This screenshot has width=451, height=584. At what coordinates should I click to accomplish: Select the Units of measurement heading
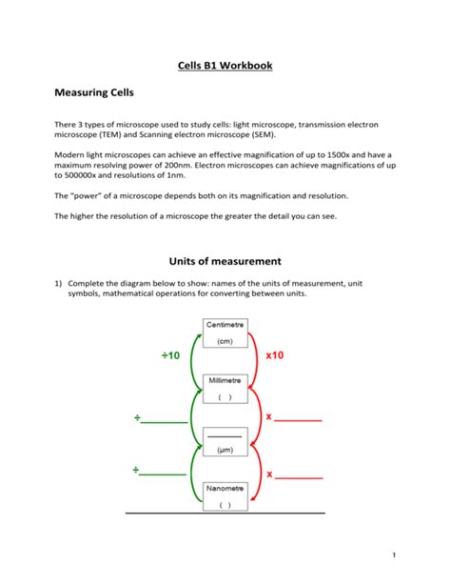pos(225,260)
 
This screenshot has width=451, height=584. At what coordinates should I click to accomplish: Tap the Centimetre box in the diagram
pos(225,332)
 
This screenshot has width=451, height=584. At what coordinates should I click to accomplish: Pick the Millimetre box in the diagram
pos(225,388)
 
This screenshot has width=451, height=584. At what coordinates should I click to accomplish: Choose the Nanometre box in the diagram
pos(225,496)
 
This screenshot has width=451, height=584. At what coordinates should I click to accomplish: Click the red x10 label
pos(275,354)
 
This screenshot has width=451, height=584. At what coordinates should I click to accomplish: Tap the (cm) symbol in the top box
pos(225,341)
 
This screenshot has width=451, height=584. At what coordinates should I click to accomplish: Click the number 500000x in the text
pos(83,175)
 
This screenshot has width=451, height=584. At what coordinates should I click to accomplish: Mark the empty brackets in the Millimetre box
pos(225,397)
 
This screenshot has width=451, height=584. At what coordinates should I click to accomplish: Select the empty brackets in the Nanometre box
pos(225,506)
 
